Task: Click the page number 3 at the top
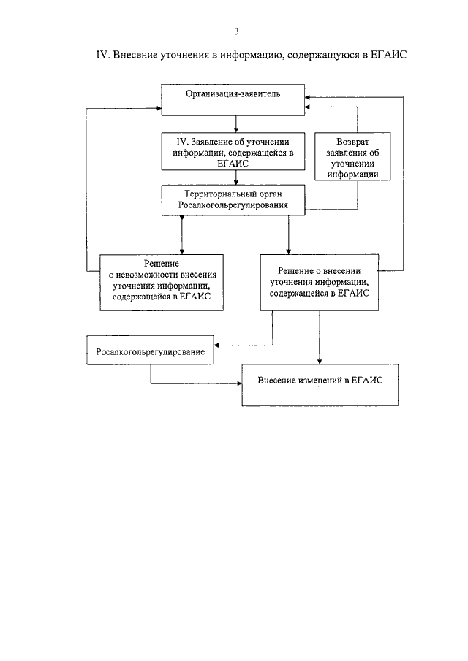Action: (x=236, y=31)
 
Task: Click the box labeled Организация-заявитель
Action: (x=233, y=100)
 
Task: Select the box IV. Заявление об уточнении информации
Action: (x=233, y=152)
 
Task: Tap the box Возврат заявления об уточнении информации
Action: (x=352, y=156)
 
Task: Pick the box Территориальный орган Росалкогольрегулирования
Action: (x=233, y=200)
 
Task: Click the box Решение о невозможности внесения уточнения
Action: (x=162, y=283)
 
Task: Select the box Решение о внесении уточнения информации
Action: (x=319, y=283)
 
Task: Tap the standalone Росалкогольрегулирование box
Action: (x=150, y=350)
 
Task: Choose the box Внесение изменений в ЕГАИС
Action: (x=320, y=385)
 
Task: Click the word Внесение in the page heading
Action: (x=135, y=55)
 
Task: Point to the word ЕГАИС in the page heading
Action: (x=388, y=55)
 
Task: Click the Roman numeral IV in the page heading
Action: (x=103, y=55)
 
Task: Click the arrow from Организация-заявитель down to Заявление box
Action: (x=236, y=124)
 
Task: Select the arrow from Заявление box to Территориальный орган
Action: (x=236, y=178)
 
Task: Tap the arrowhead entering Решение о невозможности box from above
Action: (x=182, y=252)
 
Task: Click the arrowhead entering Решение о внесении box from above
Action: (x=289, y=252)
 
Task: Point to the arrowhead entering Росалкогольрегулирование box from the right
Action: (x=217, y=345)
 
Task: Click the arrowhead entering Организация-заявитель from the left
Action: (x=159, y=108)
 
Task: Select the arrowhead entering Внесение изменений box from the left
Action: (x=239, y=383)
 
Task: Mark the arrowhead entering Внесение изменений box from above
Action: (x=320, y=362)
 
